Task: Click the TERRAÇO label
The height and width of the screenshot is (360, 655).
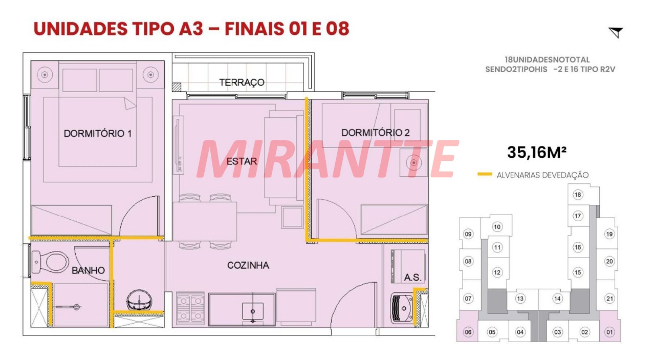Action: coord(242,82)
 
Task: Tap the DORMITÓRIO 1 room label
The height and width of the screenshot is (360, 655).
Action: coord(98,134)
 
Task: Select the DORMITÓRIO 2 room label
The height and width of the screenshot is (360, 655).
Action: coord(376,133)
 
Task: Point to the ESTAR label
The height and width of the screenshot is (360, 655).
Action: coord(242,161)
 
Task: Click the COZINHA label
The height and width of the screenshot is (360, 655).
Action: coord(248,265)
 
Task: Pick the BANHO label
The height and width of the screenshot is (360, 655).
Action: coord(88,270)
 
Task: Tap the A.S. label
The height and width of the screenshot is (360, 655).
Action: coord(412,278)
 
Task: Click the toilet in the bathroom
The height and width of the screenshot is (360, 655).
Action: coord(50,262)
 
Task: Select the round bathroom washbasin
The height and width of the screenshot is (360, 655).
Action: coord(139,300)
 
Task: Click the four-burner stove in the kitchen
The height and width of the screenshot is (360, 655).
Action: coord(190,308)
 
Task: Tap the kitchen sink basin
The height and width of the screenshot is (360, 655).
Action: coord(253,312)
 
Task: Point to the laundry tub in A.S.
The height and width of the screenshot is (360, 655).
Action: coord(402,308)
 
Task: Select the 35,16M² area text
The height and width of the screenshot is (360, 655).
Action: coord(537,152)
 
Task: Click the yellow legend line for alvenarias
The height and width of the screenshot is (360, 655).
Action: coord(485,174)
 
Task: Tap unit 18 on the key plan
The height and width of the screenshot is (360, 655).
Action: coord(578,195)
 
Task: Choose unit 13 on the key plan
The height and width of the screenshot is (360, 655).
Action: coord(520,299)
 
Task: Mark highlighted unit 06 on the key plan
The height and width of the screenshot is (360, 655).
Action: coord(468,332)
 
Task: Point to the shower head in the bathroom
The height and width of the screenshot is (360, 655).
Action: coord(77,307)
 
